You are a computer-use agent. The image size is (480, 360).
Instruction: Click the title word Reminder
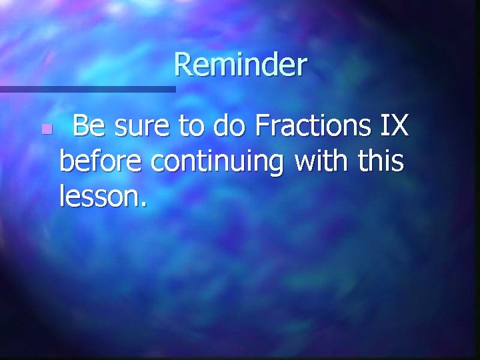[x=240, y=65]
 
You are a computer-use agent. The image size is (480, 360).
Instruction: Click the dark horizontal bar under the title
[x=87, y=88]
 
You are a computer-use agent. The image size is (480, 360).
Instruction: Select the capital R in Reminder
[x=183, y=65]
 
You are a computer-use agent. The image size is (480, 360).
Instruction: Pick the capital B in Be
[x=81, y=125]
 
